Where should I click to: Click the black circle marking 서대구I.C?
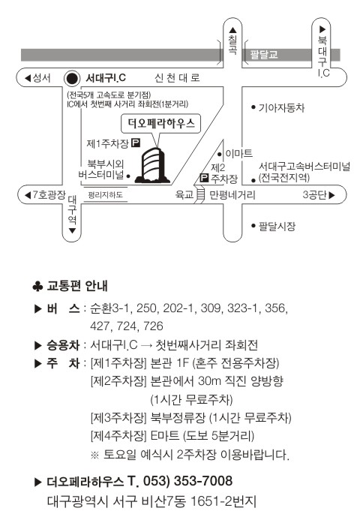(x=72, y=79)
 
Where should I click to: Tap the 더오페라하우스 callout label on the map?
(x=161, y=124)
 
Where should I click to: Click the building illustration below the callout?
(x=153, y=165)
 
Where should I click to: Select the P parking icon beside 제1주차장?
(x=136, y=143)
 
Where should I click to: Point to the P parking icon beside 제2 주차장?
(x=204, y=177)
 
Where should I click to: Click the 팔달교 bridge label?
(x=264, y=54)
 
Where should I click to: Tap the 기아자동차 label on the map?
(x=281, y=108)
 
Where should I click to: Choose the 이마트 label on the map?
(x=239, y=154)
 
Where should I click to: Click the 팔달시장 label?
(x=277, y=226)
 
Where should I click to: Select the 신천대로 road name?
(x=177, y=78)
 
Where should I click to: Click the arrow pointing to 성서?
(x=28, y=78)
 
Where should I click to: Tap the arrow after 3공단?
(x=331, y=195)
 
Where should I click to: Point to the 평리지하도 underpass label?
(x=105, y=195)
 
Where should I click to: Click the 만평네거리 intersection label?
(x=232, y=195)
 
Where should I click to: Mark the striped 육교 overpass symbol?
(x=200, y=195)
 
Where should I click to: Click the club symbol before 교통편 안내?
(x=37, y=287)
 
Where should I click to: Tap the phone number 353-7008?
(x=202, y=481)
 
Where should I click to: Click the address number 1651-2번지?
(x=223, y=501)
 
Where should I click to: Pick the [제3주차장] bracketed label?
(x=118, y=418)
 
